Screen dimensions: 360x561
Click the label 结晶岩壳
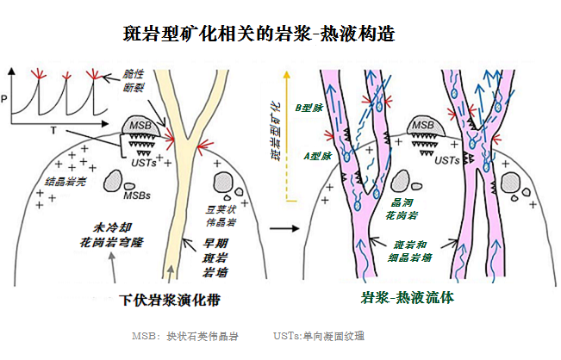(x=65, y=183)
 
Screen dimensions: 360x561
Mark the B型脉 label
(x=308, y=109)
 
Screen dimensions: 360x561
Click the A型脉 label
(x=308, y=157)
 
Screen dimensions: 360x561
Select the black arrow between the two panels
(x=281, y=229)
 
